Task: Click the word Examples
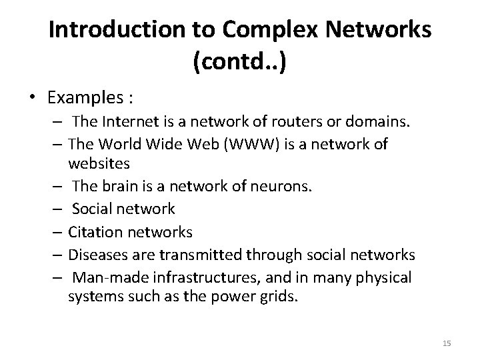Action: (x=86, y=98)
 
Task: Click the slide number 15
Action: (x=447, y=343)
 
